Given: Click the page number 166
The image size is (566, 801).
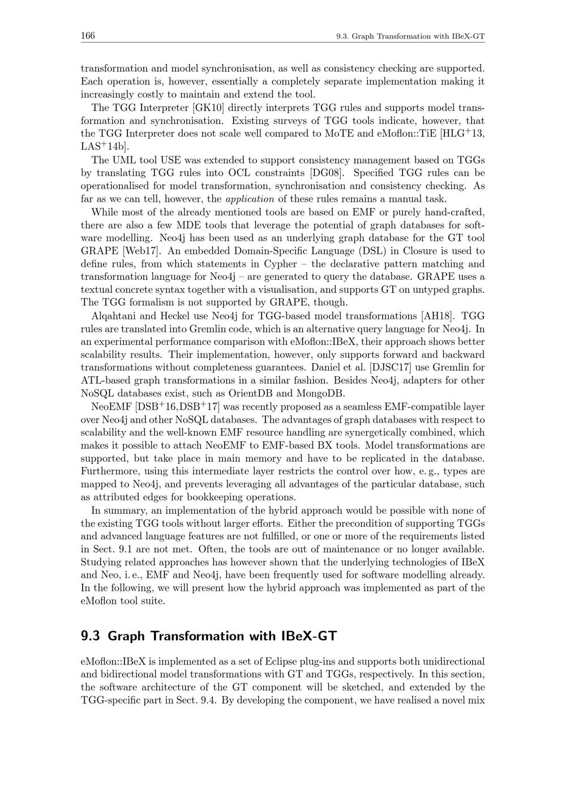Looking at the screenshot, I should pos(87,36).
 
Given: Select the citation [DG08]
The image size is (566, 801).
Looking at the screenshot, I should pos(328,173).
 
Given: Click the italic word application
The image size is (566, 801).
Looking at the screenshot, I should pos(250,199).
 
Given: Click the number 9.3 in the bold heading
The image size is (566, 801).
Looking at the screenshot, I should pos(91,636).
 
